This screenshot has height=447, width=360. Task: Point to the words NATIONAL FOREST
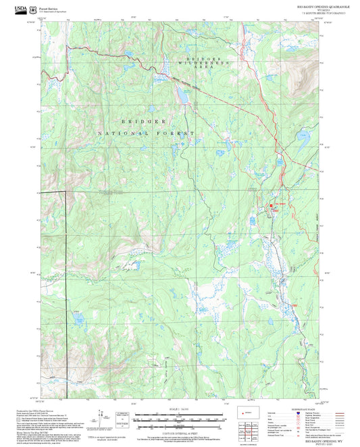tap(146, 134)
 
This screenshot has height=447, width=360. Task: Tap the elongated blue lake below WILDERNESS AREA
tap(182, 97)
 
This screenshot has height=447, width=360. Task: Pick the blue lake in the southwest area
tap(76, 317)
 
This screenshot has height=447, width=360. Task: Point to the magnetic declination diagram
tap(101, 415)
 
